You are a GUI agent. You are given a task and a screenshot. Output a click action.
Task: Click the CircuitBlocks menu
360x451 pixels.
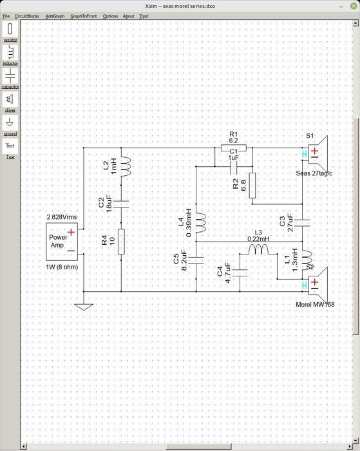coord(27,15)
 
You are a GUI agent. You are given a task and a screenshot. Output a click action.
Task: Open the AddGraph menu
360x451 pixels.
coord(54,15)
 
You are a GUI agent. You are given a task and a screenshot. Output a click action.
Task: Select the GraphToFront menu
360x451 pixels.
coord(84,15)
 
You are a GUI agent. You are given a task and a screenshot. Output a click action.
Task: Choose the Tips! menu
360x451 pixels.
coord(143,15)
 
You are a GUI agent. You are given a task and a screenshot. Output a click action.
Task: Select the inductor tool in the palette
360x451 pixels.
coord(10,53)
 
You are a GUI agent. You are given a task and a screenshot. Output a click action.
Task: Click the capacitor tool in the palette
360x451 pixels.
coord(10,76)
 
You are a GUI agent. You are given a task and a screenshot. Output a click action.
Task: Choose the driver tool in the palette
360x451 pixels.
coord(10,99)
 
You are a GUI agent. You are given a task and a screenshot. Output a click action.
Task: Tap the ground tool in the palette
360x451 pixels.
coord(10,122)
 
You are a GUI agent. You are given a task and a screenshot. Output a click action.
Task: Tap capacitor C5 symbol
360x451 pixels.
coord(196,260)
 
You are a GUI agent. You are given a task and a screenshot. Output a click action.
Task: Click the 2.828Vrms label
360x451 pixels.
coord(62,217)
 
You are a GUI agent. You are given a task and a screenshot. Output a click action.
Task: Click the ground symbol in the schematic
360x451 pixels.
coord(83,305)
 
